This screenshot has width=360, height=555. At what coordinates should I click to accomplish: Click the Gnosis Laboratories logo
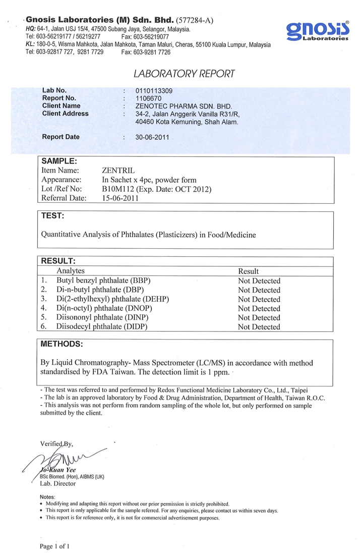point(318,31)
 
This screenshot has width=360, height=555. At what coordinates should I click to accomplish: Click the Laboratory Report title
point(184,74)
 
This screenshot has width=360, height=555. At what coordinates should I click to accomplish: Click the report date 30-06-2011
point(152,137)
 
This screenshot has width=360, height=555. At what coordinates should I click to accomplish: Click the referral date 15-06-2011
point(121,198)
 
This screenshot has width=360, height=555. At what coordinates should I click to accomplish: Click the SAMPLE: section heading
point(58,161)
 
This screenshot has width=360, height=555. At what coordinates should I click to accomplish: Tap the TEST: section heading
point(52,216)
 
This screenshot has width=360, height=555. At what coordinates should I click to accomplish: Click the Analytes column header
point(71,271)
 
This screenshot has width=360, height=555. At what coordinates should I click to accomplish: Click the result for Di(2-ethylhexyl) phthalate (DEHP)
point(259,299)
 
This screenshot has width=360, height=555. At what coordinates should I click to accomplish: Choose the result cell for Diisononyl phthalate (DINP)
point(259,318)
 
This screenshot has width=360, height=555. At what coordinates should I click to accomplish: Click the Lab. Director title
point(58,483)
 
